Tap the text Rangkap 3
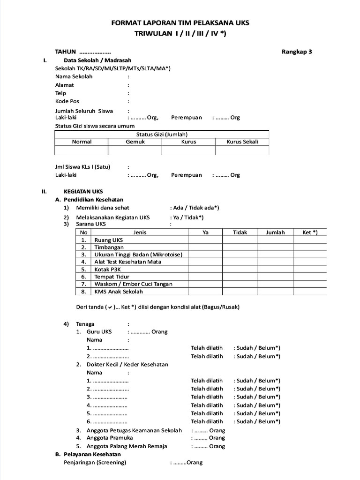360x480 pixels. tap(297, 52)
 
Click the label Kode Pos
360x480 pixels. tap(67, 101)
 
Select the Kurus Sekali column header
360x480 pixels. tap(242, 142)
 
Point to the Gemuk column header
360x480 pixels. tap(135, 142)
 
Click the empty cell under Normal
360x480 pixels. tap(82, 150)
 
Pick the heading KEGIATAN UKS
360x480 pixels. tap(83, 191)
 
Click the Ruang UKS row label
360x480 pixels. tap(109, 240)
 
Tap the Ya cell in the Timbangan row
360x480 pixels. tap(205, 247)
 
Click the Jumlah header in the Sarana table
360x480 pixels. tap(275, 232)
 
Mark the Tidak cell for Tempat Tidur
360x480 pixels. tap(240, 277)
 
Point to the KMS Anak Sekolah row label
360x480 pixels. tap(119, 292)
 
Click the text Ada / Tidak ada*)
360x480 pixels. tap(196, 208)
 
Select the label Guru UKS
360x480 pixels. tap(99, 332)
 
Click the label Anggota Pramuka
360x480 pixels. tap(110, 438)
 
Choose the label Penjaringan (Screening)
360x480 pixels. tap(95, 463)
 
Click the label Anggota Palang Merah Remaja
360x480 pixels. tap(127, 446)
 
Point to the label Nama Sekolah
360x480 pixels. tap(74, 76)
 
